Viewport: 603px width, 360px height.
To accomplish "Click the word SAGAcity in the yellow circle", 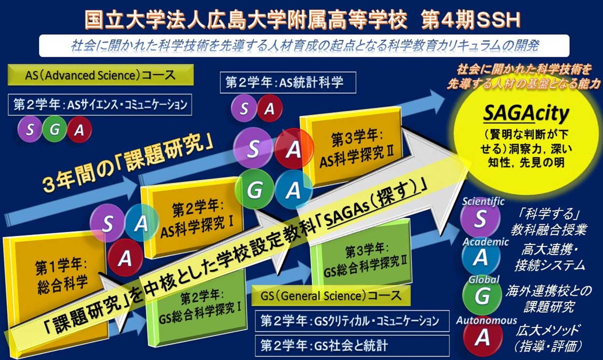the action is point(526,114).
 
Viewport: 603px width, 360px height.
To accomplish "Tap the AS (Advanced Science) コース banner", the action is point(100,75).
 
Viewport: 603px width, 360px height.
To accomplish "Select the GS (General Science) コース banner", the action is point(331,296).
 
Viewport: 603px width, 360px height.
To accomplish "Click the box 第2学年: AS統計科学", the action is point(288,82).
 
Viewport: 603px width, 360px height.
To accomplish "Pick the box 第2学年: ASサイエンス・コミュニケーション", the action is point(100,105).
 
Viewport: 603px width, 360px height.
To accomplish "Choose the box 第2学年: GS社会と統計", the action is point(352,346).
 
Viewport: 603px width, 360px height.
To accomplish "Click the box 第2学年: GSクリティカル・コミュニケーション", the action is point(352,321).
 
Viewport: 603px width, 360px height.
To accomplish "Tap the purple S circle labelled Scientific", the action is point(480,219).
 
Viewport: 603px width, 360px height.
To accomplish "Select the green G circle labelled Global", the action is point(482,296).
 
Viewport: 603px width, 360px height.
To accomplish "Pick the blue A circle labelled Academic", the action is point(481,257).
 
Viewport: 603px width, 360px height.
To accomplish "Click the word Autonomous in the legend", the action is point(486,320).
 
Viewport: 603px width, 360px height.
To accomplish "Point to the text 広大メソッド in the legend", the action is point(548,330).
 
